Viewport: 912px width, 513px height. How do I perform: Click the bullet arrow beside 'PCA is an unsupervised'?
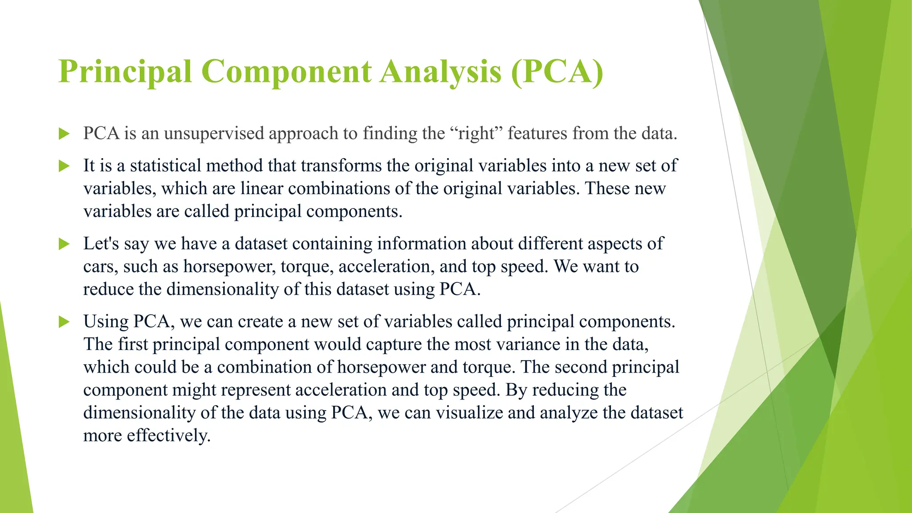pyautogui.click(x=64, y=134)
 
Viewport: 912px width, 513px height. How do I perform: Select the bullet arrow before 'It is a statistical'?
pyautogui.click(x=64, y=166)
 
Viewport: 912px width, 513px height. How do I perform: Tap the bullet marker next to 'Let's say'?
pyautogui.click(x=64, y=244)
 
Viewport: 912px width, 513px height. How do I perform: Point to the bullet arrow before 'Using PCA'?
pyautogui.click(x=64, y=322)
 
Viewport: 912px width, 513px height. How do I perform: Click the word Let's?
pyautogui.click(x=101, y=244)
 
